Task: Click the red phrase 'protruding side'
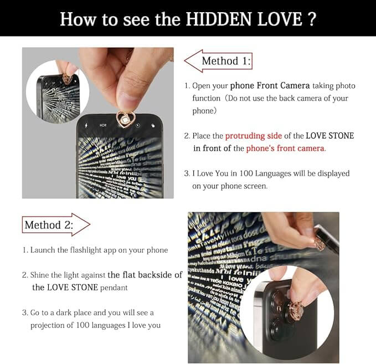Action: pyautogui.click(x=254, y=136)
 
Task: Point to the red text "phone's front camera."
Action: pyautogui.click(x=286, y=148)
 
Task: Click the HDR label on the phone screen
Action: pyautogui.click(x=103, y=125)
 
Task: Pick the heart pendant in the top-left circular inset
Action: pyautogui.click(x=67, y=80)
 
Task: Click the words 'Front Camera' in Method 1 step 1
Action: pyautogui.click(x=283, y=86)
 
